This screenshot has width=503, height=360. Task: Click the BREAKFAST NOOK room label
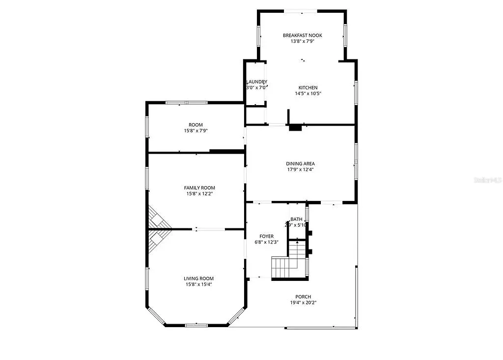point(302,35)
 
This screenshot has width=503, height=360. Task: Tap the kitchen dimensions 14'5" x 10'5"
point(308,93)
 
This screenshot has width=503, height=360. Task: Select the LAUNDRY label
point(256,82)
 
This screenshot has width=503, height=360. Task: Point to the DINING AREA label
point(300,164)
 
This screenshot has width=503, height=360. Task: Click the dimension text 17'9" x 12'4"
point(300,169)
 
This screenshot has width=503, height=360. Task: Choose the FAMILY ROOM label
point(199,188)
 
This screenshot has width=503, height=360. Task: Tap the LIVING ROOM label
point(199,278)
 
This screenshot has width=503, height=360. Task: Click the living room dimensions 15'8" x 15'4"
point(199,284)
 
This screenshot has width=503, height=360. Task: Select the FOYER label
point(267,236)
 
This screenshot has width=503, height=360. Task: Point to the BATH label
point(296,219)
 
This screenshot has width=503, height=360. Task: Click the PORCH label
point(303,297)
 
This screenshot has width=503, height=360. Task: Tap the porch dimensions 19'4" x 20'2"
point(303,303)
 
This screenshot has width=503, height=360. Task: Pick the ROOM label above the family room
point(196,125)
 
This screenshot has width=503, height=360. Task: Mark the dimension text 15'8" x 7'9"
point(196,131)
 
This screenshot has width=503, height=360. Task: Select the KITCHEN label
point(308,87)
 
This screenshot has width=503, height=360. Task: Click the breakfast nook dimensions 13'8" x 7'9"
point(302,41)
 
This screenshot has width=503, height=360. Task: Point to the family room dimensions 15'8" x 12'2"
point(199,194)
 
